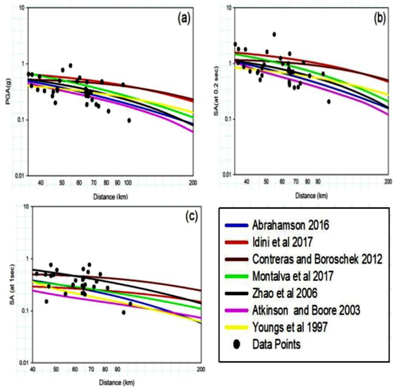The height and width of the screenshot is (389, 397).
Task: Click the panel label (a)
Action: click(x=184, y=17)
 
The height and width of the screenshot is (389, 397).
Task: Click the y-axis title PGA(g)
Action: click(x=7, y=93)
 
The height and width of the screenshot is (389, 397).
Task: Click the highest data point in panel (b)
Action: click(x=274, y=34)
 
